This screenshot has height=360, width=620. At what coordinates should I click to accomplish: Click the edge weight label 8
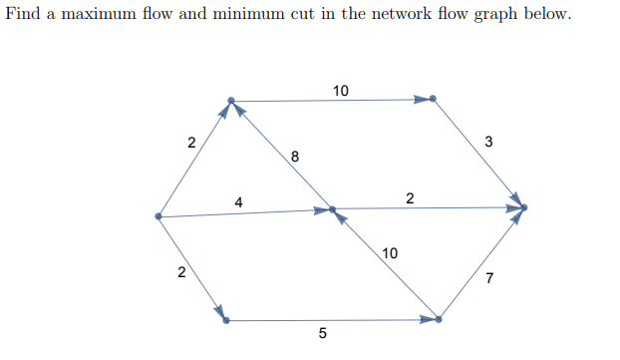294,156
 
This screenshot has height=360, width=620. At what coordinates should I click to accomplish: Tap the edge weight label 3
487,142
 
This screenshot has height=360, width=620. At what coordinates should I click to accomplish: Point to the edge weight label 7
488,276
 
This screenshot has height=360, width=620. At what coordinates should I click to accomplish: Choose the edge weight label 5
321,333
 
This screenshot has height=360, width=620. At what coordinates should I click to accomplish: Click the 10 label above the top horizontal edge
341,91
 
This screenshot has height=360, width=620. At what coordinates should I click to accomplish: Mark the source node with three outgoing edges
158,216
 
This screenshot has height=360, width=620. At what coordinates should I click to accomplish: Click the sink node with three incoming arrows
523,207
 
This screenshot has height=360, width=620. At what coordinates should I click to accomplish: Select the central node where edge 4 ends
332,210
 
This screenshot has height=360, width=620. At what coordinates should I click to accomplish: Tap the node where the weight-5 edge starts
226,320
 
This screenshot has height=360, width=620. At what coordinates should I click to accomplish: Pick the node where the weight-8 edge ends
231,100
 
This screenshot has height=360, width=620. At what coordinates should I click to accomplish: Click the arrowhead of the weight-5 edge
429,320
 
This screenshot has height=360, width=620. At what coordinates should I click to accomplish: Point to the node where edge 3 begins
433,99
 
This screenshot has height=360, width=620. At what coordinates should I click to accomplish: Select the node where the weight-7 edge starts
439,320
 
